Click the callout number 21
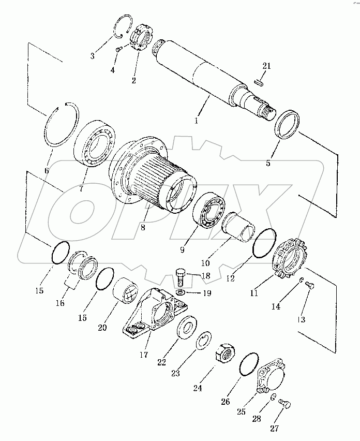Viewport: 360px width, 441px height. pyautogui.click(x=266, y=66)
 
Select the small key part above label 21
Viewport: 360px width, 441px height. pyautogui.click(x=261, y=81)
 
